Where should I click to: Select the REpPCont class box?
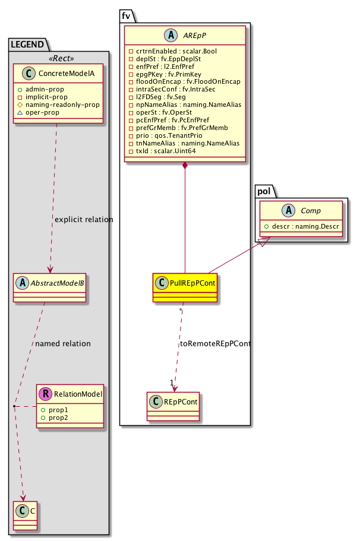click(173, 402)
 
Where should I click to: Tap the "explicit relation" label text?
click(84, 220)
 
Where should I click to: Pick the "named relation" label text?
click(63, 343)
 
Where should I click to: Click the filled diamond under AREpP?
click(185, 164)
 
